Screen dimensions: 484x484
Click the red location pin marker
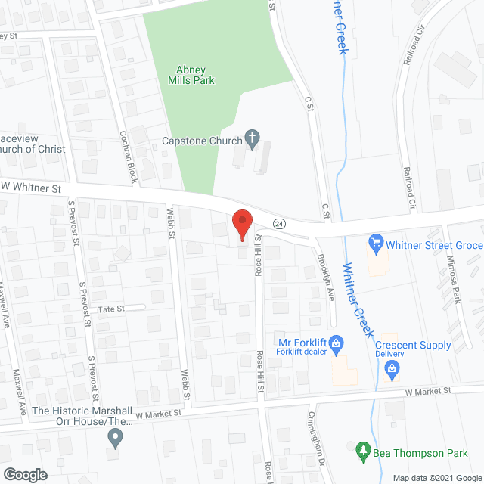[241, 225]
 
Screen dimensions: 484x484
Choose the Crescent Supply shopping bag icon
[392, 368]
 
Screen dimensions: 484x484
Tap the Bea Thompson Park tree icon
[363, 451]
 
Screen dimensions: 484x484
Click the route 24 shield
[279, 223]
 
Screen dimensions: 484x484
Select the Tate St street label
[110, 309]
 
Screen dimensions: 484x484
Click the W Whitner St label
[30, 185]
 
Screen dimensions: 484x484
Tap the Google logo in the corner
[24, 474]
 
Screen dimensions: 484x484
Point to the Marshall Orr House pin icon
[115, 436]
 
